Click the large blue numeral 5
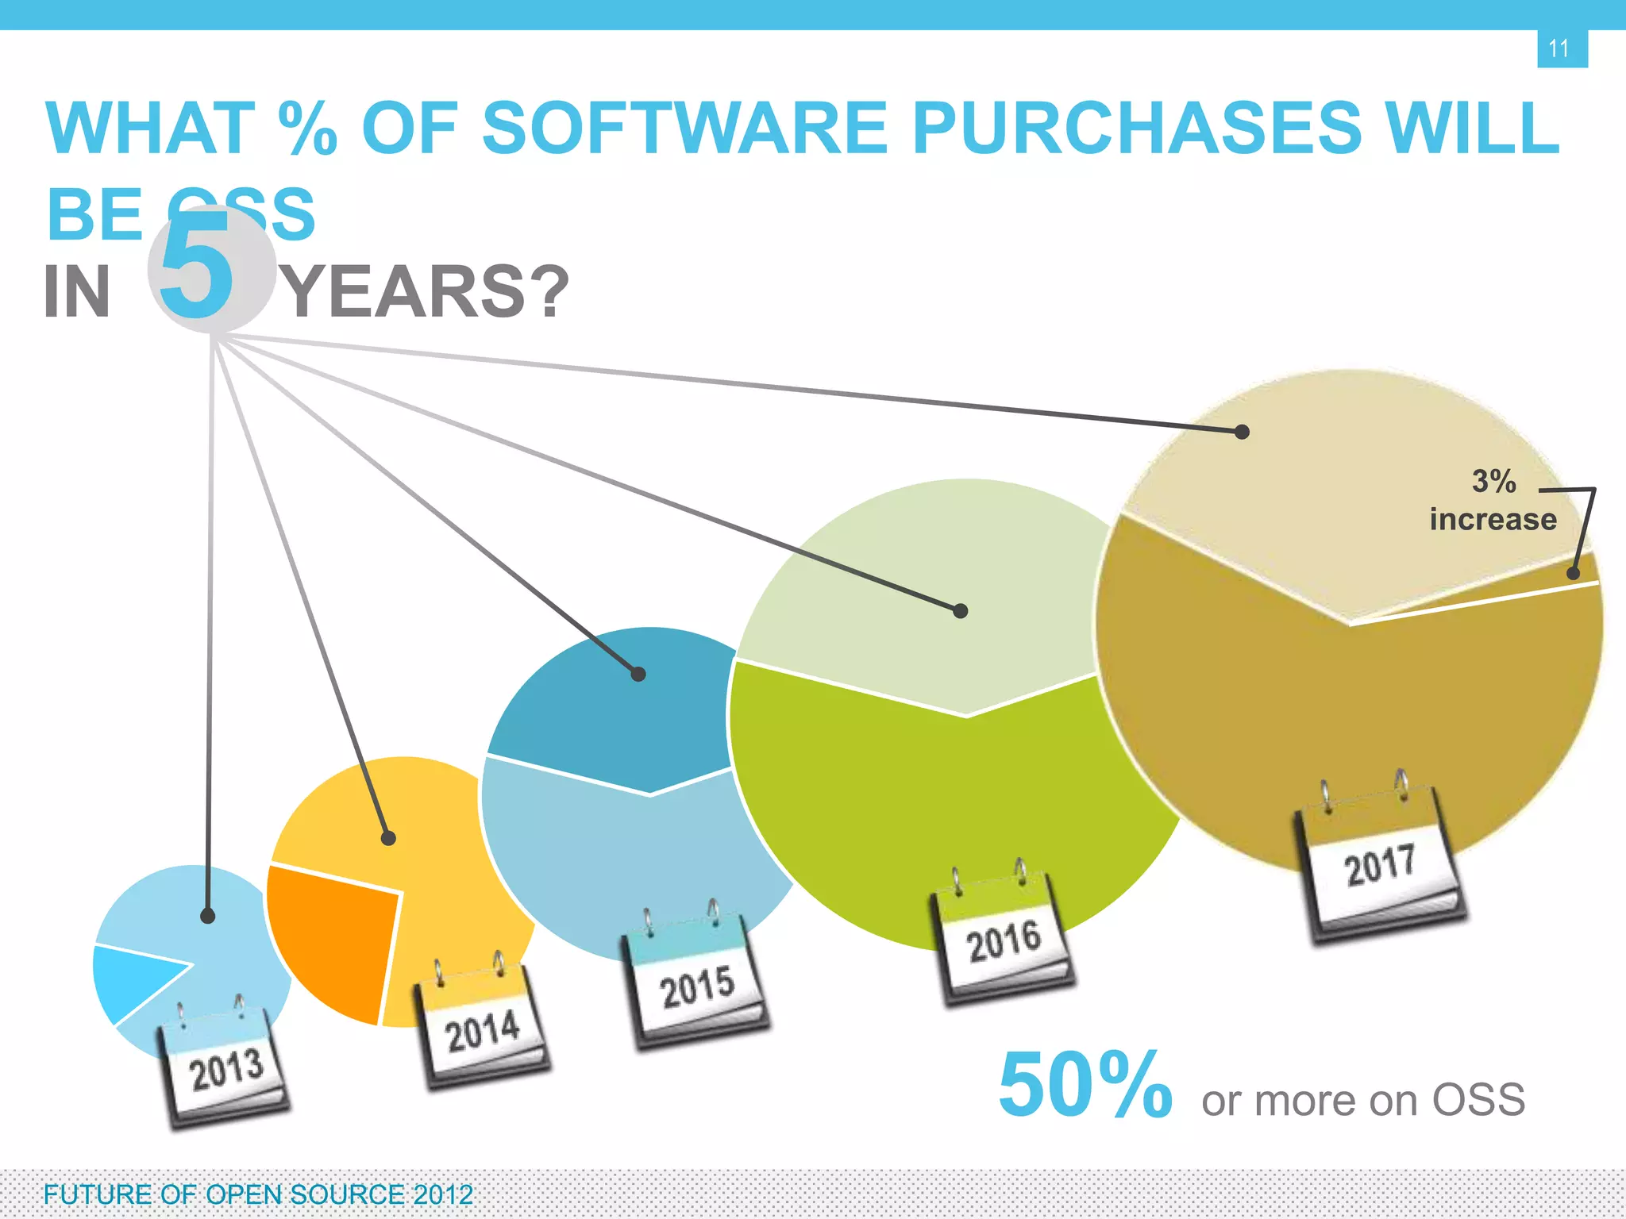click(197, 267)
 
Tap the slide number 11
click(1559, 48)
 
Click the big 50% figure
click(1085, 1086)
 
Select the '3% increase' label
click(1493, 500)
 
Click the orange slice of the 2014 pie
click(333, 936)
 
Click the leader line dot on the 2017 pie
click(1243, 432)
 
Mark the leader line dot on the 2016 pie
click(961, 610)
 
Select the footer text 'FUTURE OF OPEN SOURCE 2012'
click(258, 1194)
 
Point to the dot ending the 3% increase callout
click(1574, 573)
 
